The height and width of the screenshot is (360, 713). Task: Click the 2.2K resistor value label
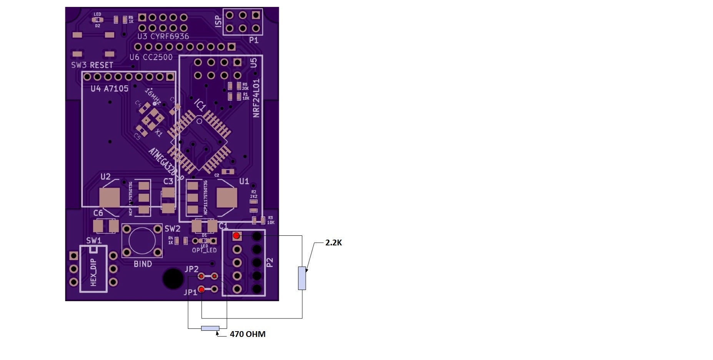click(333, 243)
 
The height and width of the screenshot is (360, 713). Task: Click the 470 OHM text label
click(247, 334)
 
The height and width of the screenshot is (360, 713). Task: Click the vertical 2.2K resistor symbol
click(302, 278)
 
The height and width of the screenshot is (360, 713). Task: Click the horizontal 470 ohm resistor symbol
click(210, 328)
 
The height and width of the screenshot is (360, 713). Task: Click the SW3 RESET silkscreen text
click(92, 65)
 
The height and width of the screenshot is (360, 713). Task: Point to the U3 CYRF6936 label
click(163, 37)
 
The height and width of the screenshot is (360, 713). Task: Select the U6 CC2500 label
click(151, 57)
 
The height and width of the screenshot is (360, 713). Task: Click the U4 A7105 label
click(109, 89)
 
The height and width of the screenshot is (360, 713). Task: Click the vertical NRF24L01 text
click(256, 98)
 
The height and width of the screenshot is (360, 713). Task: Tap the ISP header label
click(218, 21)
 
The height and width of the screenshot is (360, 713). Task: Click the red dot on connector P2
click(237, 236)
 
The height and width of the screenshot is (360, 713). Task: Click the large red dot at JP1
click(201, 289)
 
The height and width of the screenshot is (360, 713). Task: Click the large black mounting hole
click(173, 278)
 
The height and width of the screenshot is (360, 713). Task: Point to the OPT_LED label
click(204, 250)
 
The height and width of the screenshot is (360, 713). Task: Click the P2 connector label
click(270, 262)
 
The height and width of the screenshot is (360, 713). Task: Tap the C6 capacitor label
click(98, 213)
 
